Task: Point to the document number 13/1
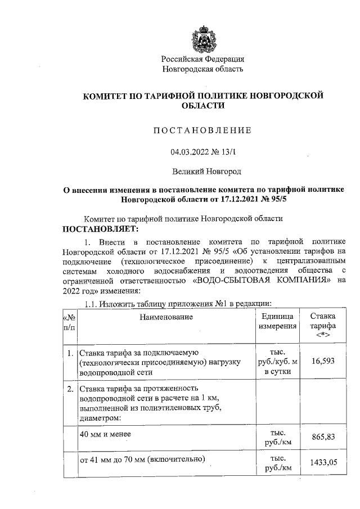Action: click(x=227, y=152)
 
